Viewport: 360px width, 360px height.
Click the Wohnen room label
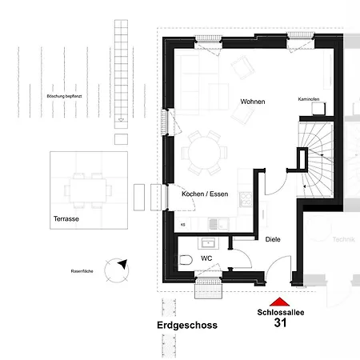coord(252,102)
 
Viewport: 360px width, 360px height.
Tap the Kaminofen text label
coord(309,100)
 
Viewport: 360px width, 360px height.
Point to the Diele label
coord(273,238)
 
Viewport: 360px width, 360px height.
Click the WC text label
coord(207,258)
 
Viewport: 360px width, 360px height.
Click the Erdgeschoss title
coord(186,326)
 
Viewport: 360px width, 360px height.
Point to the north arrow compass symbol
coord(122,268)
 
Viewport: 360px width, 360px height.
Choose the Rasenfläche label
coord(82,272)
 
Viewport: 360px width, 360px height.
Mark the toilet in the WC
coord(184,260)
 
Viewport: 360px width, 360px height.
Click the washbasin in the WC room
coord(210,242)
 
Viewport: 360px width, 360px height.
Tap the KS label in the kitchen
coord(183,225)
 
